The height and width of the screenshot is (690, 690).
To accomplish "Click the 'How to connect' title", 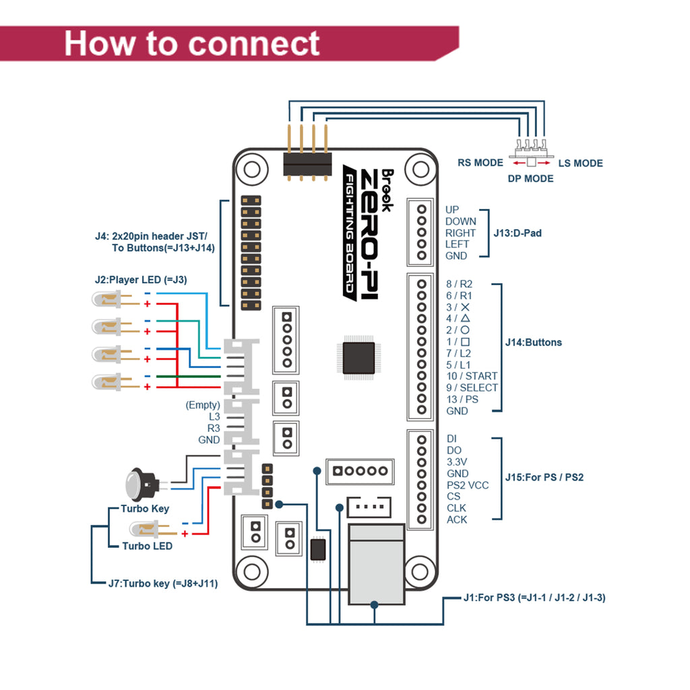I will coord(192,43).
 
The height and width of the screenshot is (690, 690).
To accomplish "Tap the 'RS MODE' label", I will coord(480,162).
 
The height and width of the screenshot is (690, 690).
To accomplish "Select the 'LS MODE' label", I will coord(580,163).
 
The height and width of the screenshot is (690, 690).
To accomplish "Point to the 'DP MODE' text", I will coord(530,179).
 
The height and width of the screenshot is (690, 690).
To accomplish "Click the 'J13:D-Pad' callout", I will coord(517,233).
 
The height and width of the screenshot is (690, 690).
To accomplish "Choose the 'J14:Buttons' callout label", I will coord(533,342).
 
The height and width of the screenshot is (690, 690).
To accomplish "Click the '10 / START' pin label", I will coord(472,376).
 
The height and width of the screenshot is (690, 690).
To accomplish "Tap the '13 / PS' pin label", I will coord(462,399).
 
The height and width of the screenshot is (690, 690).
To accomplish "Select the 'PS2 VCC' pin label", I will coord(468,485).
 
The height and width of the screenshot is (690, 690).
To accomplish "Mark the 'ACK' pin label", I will coord(456,520).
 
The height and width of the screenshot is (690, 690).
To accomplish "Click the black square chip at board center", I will coord(358,358).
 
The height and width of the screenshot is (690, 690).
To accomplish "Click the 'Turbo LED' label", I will coord(147,546).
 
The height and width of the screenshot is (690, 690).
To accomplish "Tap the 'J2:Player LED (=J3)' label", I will coord(141,278).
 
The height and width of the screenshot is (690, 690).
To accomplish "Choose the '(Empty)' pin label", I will coord(203,405).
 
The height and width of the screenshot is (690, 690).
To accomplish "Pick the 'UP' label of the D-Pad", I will coord(452,210).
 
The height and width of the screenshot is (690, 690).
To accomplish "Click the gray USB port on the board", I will coord(376,564).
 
